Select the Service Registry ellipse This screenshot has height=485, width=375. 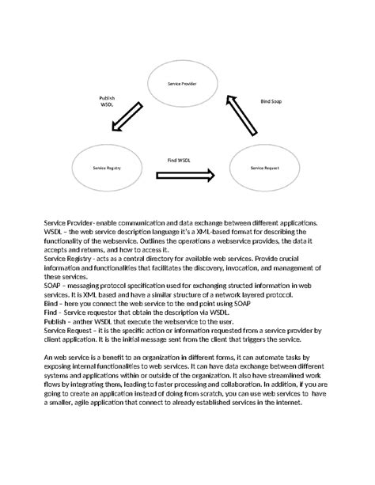(x=106, y=169)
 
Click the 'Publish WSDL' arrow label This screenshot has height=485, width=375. (x=107, y=100)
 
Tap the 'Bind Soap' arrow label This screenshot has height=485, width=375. (x=272, y=101)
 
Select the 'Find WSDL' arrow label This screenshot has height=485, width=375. (x=178, y=160)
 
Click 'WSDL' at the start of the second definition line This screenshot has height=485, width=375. (x=54, y=233)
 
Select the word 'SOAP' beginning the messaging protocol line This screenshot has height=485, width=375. (x=53, y=286)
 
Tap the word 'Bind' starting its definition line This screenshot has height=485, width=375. (x=52, y=303)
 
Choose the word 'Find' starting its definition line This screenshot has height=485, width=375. (x=51, y=313)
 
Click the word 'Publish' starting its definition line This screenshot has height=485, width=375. (x=56, y=321)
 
